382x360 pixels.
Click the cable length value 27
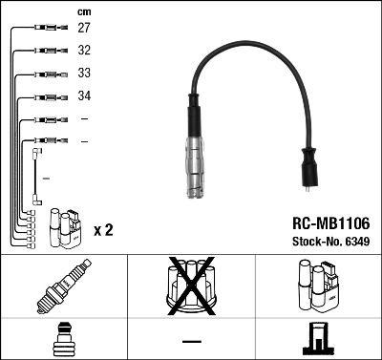(x=84, y=30)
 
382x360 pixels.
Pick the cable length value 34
(x=84, y=96)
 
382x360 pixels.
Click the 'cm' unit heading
(x=83, y=11)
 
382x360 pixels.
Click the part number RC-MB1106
(x=329, y=222)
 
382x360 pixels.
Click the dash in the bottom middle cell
(x=191, y=340)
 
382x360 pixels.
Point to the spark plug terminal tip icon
(x=62, y=339)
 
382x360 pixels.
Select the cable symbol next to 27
(x=46, y=30)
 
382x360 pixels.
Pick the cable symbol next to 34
(x=46, y=96)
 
